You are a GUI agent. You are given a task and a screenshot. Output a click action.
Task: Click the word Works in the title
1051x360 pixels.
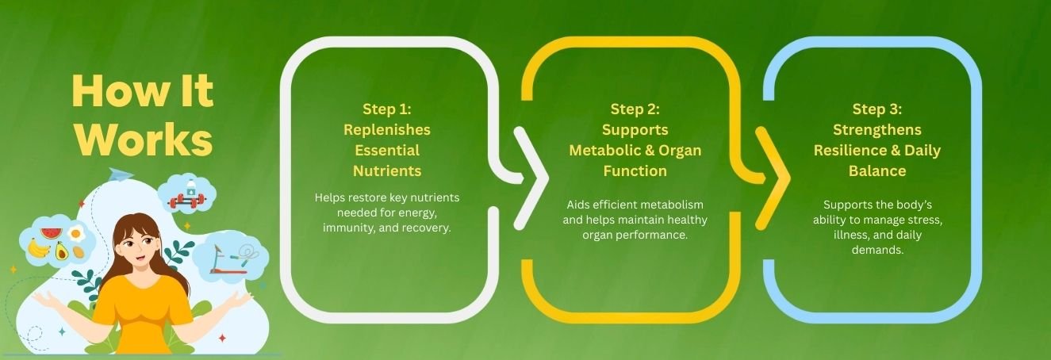point(144,140)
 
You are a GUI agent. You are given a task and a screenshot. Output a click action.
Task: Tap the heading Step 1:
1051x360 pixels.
point(386,109)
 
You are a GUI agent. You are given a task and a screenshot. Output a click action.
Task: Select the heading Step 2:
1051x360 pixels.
point(635,109)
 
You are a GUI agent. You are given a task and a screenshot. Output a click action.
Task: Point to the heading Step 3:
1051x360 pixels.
point(877,109)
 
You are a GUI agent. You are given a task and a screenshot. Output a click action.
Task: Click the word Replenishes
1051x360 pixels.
point(386,130)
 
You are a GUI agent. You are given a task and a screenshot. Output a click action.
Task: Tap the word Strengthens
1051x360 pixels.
point(877,130)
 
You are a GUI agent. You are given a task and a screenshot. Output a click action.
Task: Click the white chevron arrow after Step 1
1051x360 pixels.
point(531,178)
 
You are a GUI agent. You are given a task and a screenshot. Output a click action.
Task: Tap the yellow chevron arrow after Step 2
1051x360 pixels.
point(773,178)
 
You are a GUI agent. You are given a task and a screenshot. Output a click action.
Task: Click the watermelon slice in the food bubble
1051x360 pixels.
point(52,232)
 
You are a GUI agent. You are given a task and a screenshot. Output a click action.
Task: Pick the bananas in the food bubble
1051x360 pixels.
point(39,248)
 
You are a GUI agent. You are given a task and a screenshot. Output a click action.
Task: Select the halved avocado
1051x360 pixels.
point(61,251)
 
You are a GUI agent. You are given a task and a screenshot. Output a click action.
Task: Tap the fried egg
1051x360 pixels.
point(76,233)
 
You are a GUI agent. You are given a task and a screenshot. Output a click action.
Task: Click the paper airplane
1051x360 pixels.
point(120,174)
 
